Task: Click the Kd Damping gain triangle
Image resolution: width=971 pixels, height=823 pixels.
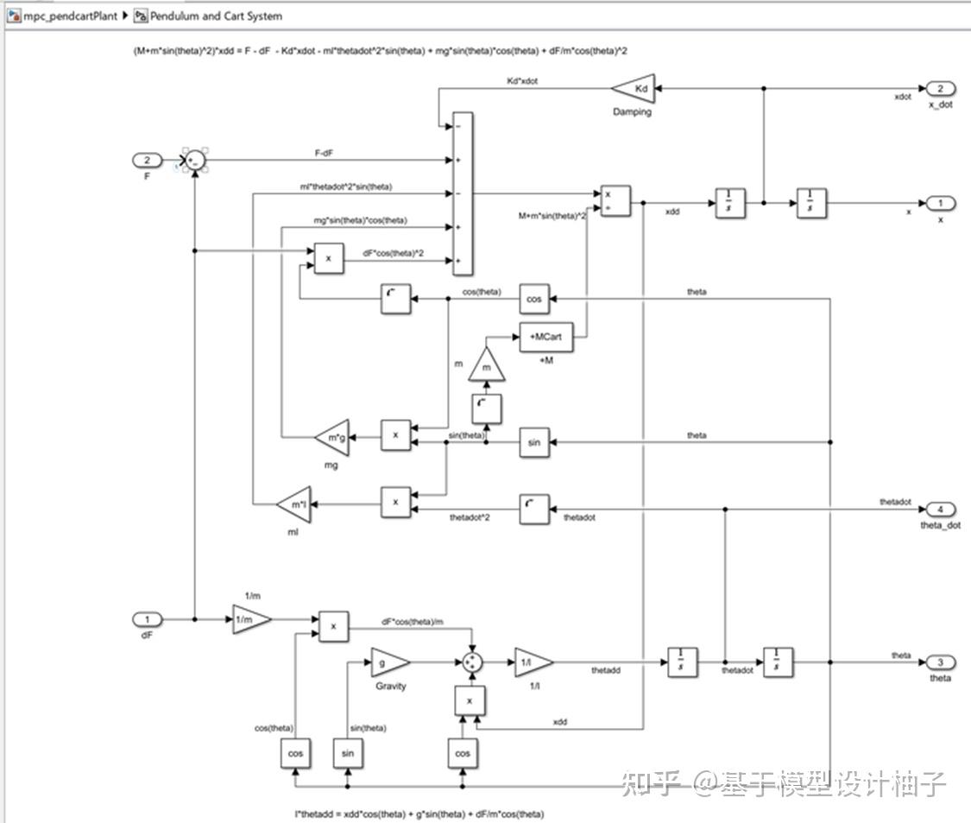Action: [x=635, y=89]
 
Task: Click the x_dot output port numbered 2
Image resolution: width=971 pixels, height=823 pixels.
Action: [x=940, y=89]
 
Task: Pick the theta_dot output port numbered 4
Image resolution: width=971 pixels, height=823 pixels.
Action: [x=940, y=509]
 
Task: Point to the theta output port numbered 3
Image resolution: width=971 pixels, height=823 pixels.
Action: [x=940, y=662]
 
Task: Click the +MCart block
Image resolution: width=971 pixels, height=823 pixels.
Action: [x=545, y=337]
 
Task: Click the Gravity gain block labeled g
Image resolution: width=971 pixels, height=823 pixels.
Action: [x=387, y=662]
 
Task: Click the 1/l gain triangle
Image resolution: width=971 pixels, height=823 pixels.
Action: [x=530, y=662]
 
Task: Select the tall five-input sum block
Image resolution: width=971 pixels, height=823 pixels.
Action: [x=463, y=193]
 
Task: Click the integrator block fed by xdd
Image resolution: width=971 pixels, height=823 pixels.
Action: [x=729, y=204]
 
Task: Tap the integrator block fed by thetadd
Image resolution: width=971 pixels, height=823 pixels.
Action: [x=683, y=662]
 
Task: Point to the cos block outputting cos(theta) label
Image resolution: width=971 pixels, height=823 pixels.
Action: [x=534, y=299]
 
